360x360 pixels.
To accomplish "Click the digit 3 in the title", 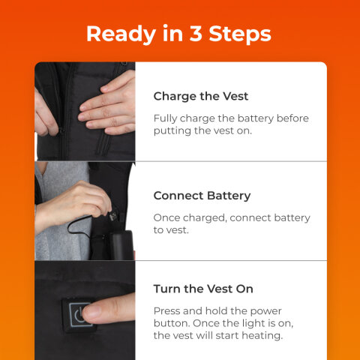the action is [196, 33].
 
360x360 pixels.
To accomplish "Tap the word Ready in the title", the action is [121, 34].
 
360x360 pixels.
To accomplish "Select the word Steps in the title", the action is [240, 34].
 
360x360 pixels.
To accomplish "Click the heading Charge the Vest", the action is [201, 96].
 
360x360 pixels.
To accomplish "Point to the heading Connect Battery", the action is [202, 196].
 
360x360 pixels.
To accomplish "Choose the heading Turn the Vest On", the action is [203, 289].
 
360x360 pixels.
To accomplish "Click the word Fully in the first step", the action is [165, 118].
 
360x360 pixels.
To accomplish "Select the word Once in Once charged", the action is [166, 217].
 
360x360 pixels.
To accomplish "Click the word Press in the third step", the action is [166, 311].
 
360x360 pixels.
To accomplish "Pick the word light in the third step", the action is [253, 323].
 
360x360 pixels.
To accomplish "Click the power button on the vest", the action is [79, 315].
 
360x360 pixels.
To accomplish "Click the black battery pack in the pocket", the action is [122, 245].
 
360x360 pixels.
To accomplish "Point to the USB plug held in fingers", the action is [113, 214].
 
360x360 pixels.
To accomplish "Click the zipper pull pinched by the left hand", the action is [61, 130].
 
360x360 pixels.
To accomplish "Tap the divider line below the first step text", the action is [231, 161].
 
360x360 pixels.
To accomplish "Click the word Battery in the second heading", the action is [229, 196].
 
